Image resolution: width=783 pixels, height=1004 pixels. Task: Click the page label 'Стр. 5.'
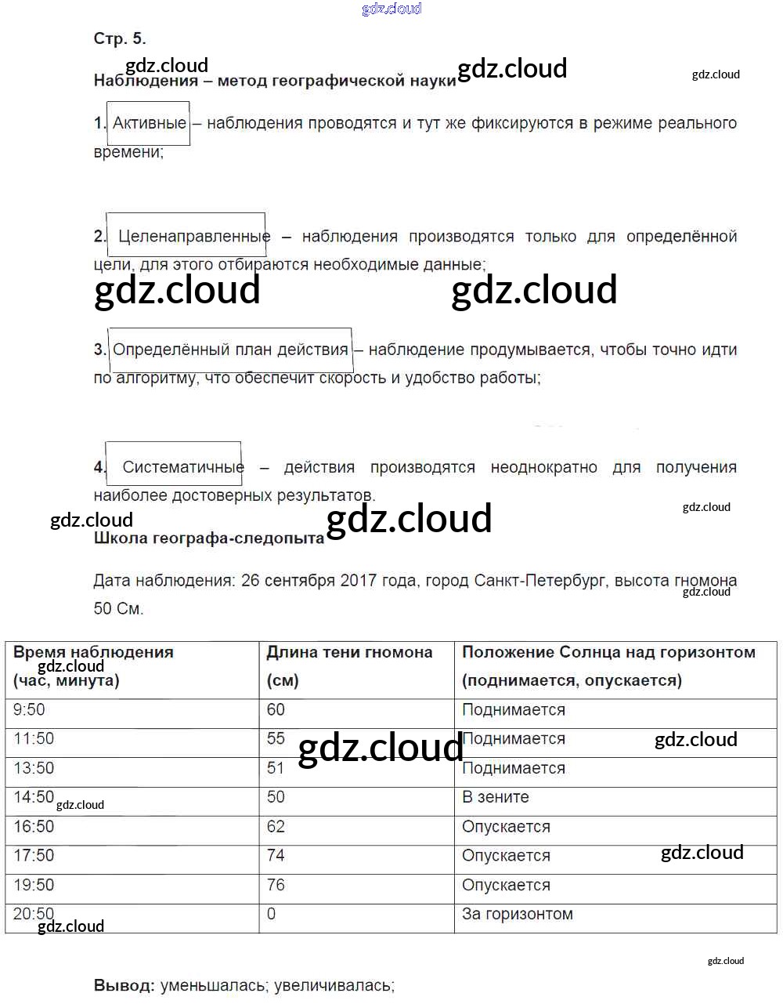click(119, 38)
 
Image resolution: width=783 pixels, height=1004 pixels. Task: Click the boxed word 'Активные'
click(149, 123)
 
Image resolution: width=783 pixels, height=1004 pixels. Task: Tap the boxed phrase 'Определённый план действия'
click(230, 350)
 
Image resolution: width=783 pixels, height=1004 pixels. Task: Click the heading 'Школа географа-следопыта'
click(208, 538)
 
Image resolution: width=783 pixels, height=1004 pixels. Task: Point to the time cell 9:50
click(30, 710)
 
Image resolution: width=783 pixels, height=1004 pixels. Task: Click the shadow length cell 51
click(276, 768)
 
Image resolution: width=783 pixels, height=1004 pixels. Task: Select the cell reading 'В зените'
click(495, 797)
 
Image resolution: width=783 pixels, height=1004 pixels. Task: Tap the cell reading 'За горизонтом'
click(517, 914)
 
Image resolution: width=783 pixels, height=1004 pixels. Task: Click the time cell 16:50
click(34, 827)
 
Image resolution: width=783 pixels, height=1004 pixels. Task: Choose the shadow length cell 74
click(276, 855)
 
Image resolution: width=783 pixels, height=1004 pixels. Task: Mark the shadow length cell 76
click(276, 885)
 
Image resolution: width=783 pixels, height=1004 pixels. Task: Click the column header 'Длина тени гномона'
click(349, 652)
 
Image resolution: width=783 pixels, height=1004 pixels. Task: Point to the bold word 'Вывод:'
click(124, 986)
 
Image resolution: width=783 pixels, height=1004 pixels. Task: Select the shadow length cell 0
click(271, 914)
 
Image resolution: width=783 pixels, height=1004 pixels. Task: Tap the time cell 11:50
click(34, 739)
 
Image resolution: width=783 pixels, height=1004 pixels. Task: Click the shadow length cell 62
click(276, 827)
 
